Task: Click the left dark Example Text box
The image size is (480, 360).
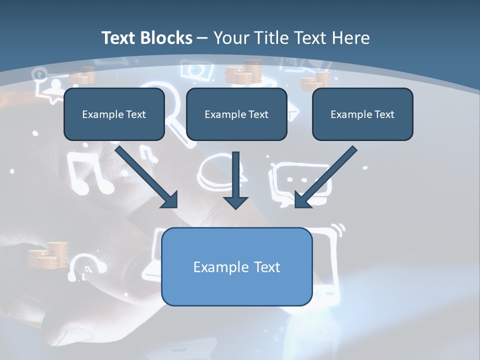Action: (x=114, y=114)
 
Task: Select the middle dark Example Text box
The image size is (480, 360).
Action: (x=236, y=114)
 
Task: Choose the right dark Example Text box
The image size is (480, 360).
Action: (x=362, y=114)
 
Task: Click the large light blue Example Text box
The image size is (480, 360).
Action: (x=236, y=267)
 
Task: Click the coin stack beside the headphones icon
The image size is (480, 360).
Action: (x=47, y=255)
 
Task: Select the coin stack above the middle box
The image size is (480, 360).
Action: (x=244, y=72)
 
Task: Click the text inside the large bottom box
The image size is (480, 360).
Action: (x=236, y=267)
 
